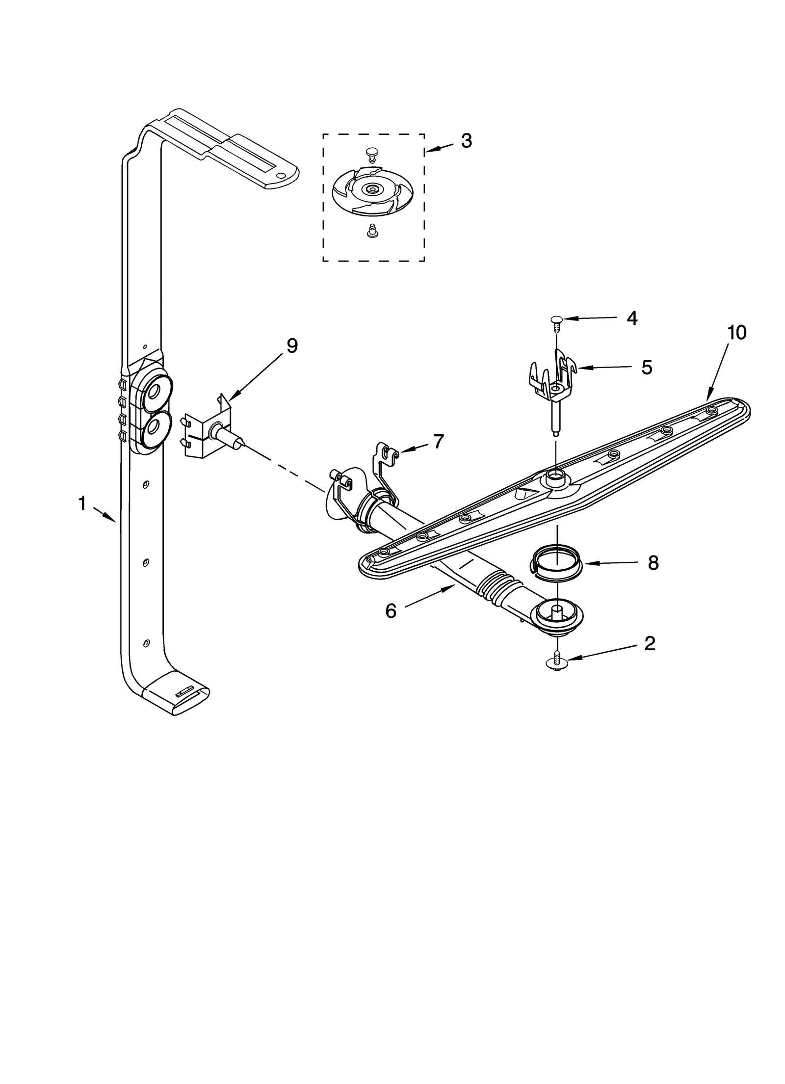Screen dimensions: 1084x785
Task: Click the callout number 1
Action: click(82, 504)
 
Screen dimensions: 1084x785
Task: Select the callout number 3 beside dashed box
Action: click(466, 141)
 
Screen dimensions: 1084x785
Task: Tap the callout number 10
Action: click(736, 333)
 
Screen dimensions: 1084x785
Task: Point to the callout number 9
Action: click(292, 346)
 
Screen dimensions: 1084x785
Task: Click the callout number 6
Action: click(391, 611)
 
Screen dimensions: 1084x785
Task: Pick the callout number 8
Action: click(653, 563)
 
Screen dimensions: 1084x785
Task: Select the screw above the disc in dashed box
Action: click(372, 155)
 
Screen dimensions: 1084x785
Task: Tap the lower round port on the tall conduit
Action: click(155, 425)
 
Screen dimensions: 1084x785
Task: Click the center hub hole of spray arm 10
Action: click(555, 475)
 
